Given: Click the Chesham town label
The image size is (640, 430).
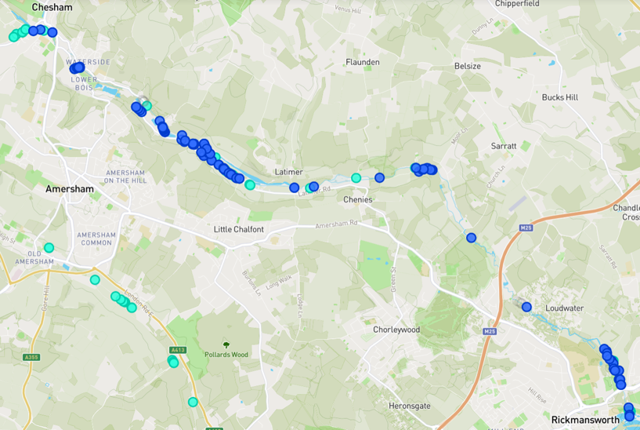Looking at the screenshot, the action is (52, 8).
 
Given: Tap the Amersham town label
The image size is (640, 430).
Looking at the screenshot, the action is (69, 189).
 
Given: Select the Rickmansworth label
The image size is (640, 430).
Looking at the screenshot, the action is (584, 420).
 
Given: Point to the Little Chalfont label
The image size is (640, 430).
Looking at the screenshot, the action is (239, 229).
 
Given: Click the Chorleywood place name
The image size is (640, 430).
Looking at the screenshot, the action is (396, 330).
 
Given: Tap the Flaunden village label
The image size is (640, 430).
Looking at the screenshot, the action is (362, 62).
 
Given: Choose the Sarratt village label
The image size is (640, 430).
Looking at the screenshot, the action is (504, 146).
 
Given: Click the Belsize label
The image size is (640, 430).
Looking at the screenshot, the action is (468, 66).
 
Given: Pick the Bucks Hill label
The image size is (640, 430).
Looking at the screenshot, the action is (560, 97).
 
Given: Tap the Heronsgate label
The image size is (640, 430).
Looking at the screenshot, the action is (410, 406).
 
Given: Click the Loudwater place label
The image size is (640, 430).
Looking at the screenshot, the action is (564, 308).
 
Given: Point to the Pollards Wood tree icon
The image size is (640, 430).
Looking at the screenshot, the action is (226, 344).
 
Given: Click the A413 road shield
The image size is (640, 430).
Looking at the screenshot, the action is (178, 350).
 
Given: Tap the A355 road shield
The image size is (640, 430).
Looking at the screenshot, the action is (31, 357).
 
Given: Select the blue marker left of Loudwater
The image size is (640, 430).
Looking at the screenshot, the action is (526, 307).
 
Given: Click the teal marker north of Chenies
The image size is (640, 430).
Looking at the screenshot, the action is (356, 178).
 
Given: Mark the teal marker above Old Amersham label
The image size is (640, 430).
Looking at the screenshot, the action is (49, 248).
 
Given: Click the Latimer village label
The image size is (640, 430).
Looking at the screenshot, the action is (288, 172).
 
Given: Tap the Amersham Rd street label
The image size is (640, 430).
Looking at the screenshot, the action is (336, 224).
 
